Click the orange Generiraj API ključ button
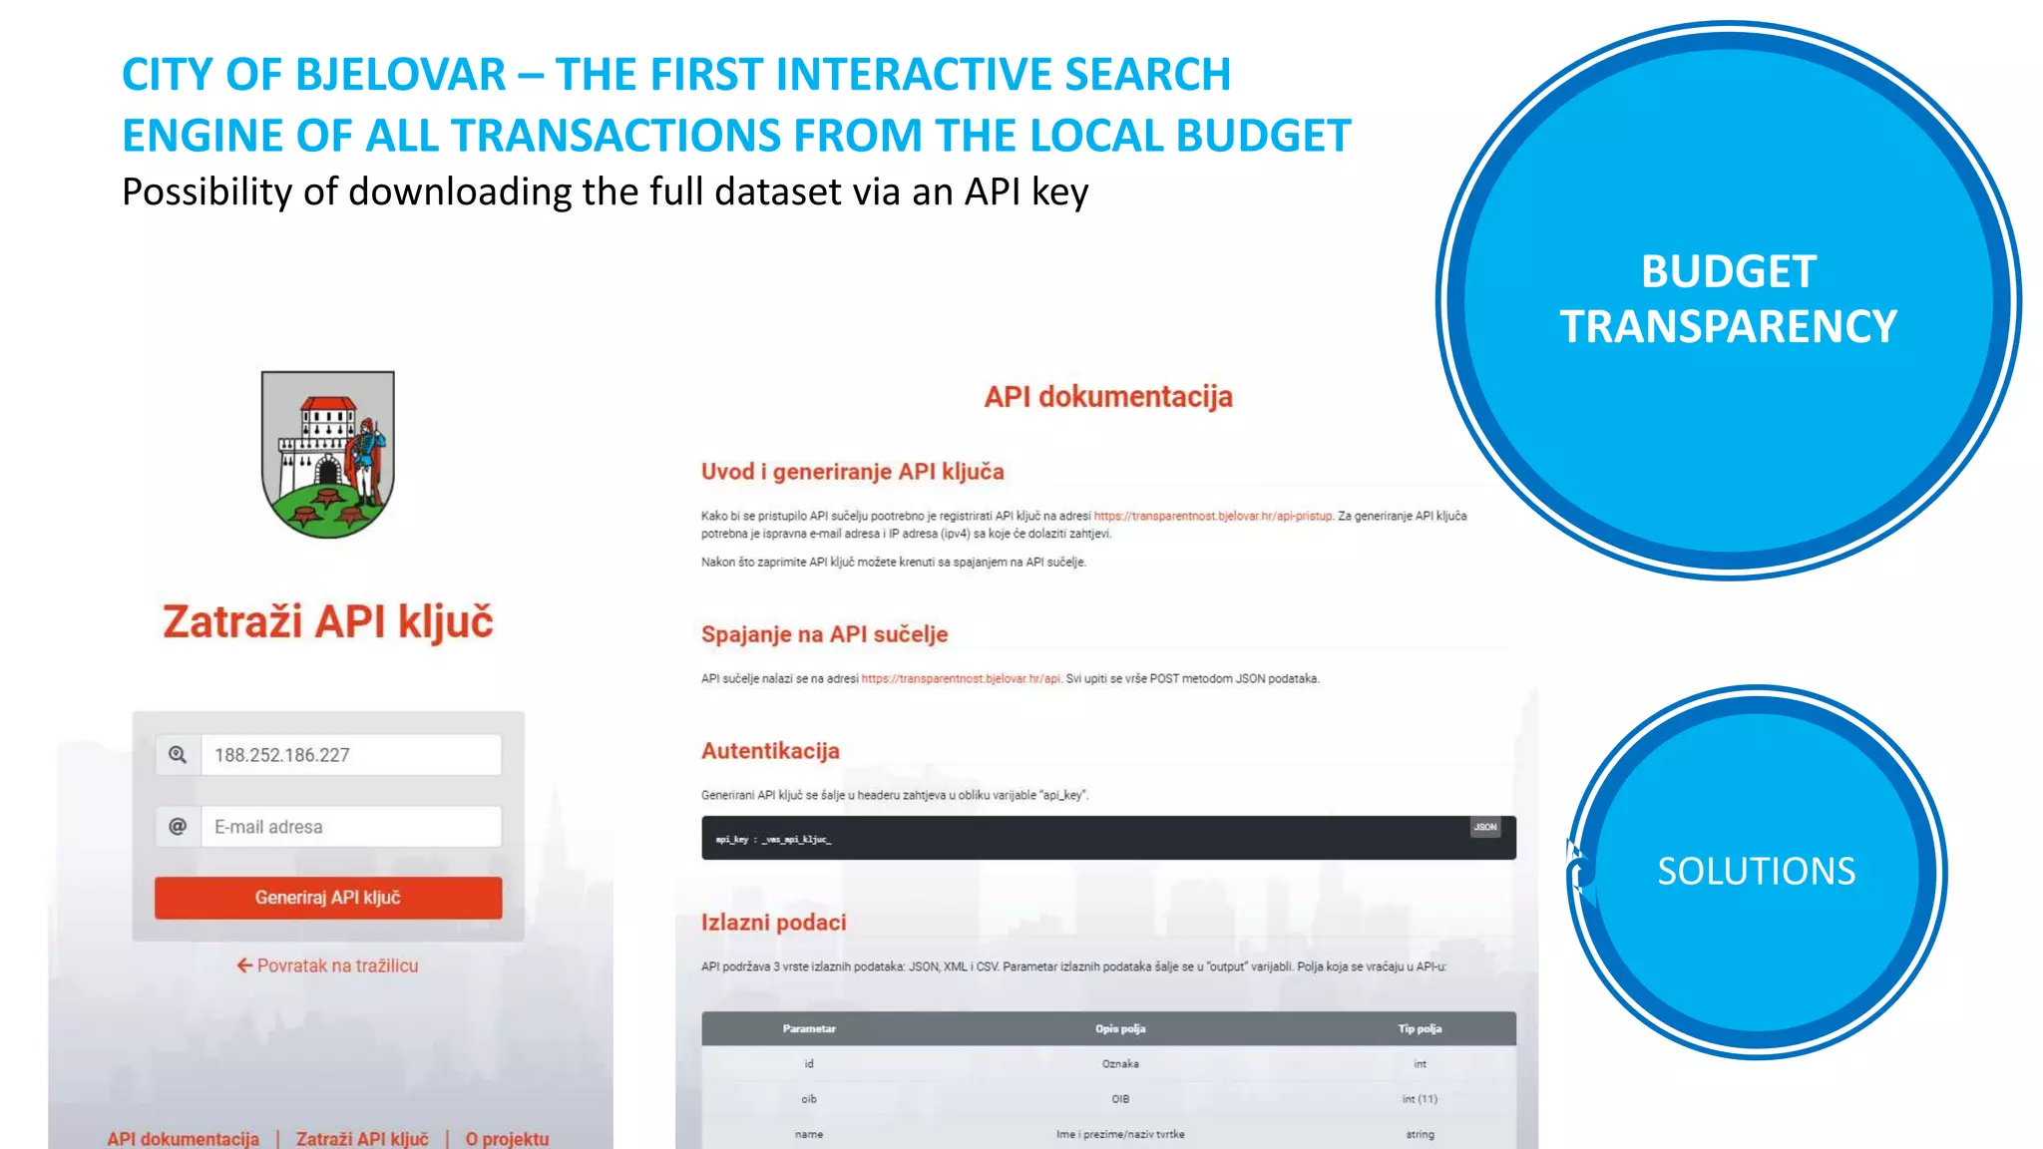[x=327, y=898]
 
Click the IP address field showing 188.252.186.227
[x=350, y=755]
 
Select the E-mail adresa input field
[x=350, y=827]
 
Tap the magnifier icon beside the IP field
[x=178, y=755]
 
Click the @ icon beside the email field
[x=178, y=827]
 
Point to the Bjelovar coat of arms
[x=327, y=454]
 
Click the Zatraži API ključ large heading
[x=327, y=621]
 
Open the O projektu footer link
[x=507, y=1138]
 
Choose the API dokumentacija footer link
[x=184, y=1138]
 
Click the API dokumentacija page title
[x=1108, y=397]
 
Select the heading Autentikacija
[x=770, y=751]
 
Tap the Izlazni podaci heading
[x=773, y=923]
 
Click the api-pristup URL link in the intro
[x=1213, y=516]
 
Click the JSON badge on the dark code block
[x=1485, y=827]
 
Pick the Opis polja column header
[x=1120, y=1028]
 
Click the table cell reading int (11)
[x=1420, y=1099]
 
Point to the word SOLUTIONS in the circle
[x=1756, y=872]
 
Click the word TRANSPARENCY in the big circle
[x=1728, y=327]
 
